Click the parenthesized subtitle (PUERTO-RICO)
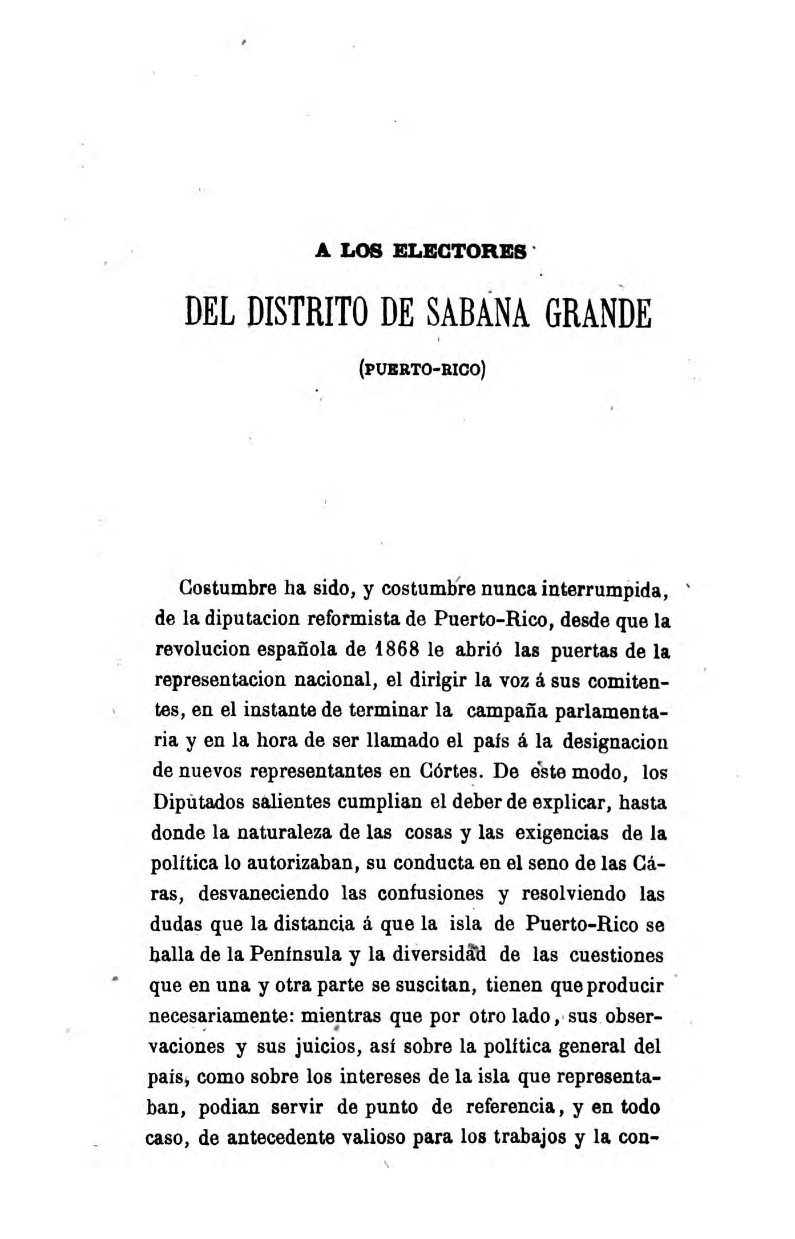pos(422,369)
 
